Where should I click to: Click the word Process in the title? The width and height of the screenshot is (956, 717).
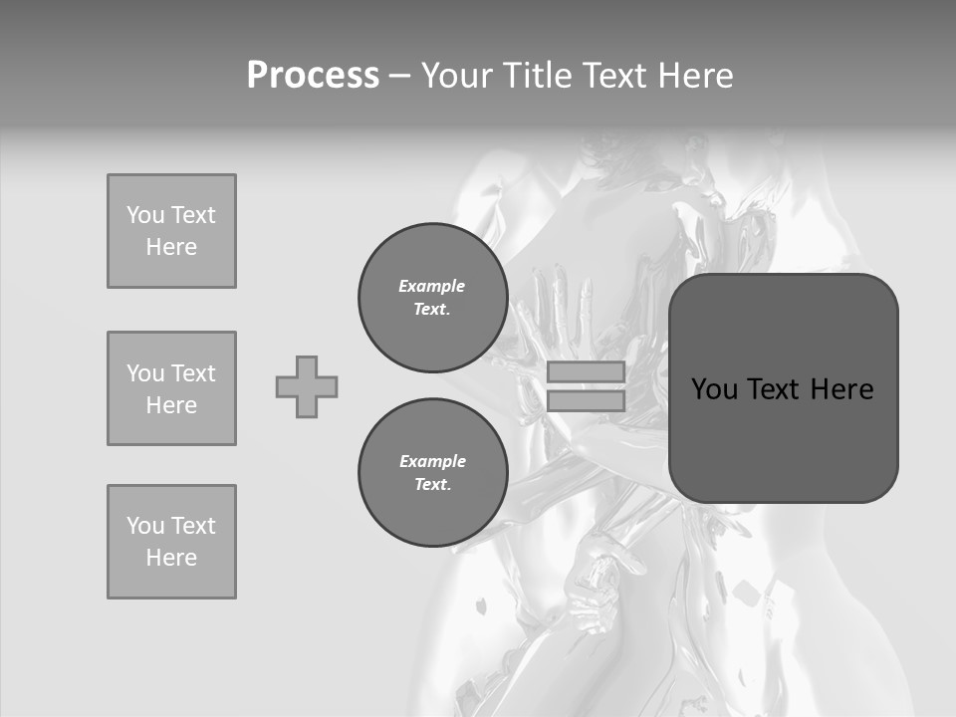point(313,76)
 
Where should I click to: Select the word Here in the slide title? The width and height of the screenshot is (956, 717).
point(694,76)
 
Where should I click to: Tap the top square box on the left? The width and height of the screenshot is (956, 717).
point(171,231)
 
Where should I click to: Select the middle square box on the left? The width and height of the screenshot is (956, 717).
point(171,388)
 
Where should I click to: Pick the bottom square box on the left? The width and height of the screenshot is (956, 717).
point(171,542)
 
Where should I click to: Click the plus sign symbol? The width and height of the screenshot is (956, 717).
point(307,386)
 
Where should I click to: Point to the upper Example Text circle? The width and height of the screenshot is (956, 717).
point(432,298)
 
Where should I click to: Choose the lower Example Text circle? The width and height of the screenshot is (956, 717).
point(432,473)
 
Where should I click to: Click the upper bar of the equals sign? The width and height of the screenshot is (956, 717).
point(586,371)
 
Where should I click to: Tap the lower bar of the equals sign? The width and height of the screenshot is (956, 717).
point(586,400)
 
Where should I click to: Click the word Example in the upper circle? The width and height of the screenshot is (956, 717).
point(432,286)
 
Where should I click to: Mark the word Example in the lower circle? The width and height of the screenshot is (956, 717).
point(432,461)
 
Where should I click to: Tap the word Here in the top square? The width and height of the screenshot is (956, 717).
point(171,247)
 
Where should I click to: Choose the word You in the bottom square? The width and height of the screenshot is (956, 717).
point(145,526)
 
